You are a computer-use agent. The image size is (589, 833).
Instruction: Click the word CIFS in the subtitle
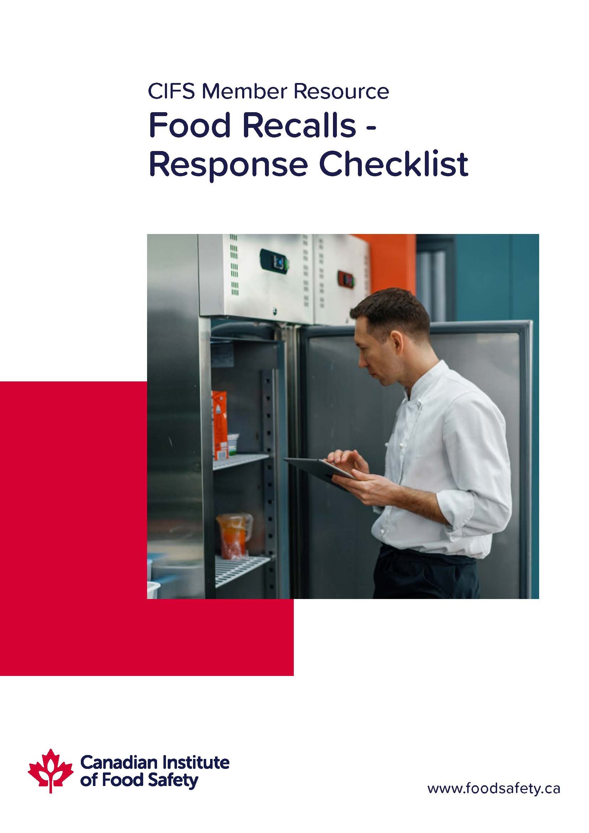(172, 92)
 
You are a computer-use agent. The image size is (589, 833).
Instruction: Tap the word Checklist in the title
(393, 164)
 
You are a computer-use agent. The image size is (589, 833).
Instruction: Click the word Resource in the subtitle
(341, 92)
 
